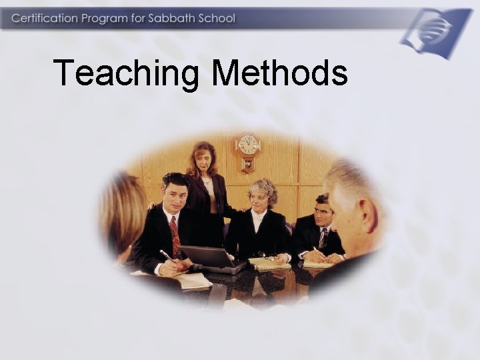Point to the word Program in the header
[x=105, y=19]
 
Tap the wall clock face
[x=248, y=145]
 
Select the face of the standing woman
[x=203, y=161]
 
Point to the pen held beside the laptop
[x=165, y=255]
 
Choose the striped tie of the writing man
[x=323, y=237]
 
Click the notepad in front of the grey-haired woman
[x=269, y=264]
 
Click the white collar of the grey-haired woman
[x=258, y=217]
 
